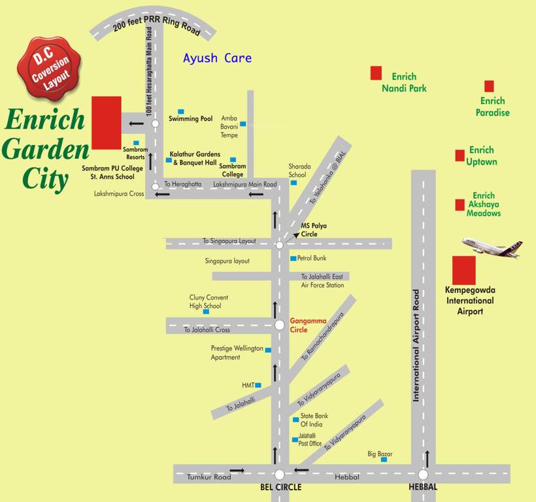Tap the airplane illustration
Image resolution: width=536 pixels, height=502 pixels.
pos(492,247)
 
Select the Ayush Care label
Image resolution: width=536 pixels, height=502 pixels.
pos(217,58)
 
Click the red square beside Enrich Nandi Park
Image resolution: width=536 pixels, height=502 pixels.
pos(376,73)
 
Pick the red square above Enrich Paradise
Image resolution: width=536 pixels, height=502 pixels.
pos(489,86)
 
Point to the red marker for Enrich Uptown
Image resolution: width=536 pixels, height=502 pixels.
pos(460,156)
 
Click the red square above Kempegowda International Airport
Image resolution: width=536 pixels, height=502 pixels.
pos(464,270)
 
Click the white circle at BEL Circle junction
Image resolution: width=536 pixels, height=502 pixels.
pos(280,475)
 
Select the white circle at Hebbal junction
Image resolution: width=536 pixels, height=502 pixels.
pos(423,475)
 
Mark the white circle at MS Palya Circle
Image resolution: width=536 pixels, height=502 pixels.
pos(279,245)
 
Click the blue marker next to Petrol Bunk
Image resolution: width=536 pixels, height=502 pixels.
pos(293,258)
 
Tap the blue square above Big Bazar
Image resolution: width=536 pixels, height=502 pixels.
pos(384,460)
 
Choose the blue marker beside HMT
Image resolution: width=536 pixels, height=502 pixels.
pos(258,386)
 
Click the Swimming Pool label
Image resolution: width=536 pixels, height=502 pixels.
pos(191,119)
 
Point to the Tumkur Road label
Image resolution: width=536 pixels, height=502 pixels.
pos(209,477)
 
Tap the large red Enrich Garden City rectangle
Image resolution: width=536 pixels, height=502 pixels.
pos(107,122)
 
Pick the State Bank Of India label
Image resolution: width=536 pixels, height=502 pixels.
pos(314,420)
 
